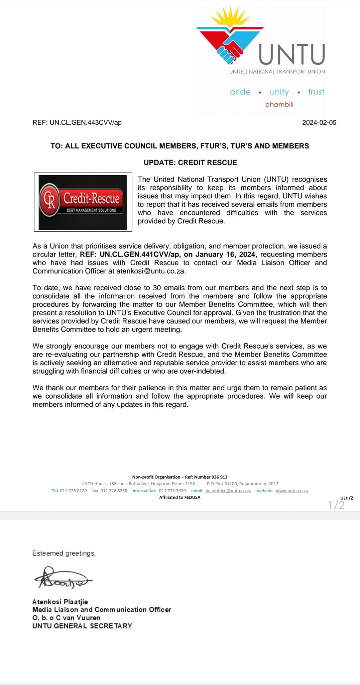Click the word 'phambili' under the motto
coord(279,104)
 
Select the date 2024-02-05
coord(319,122)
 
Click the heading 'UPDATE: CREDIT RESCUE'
coord(190,163)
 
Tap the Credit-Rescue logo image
coord(83,202)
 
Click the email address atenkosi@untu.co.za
coord(150,271)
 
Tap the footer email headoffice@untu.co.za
coord(228,491)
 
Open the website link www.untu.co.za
coord(292,491)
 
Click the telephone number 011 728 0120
coord(73,491)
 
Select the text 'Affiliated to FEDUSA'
coord(180,497)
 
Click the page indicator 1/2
coord(336,505)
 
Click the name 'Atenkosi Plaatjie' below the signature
coord(60,602)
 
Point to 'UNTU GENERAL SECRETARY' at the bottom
coord(82,626)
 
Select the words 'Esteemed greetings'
coord(64,553)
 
